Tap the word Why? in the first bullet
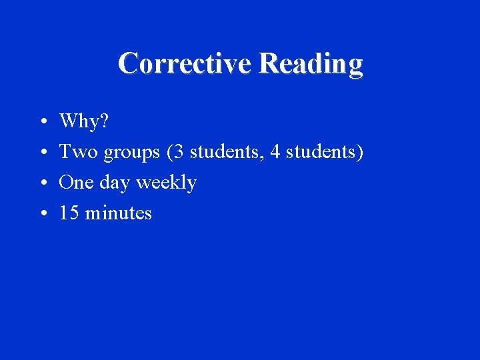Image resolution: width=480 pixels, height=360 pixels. [84, 121]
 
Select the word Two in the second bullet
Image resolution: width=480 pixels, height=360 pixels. [78, 152]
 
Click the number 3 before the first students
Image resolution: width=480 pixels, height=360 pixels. [179, 152]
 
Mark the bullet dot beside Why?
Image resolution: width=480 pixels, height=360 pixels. [42, 123]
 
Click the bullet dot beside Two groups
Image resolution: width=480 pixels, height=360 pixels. [42, 153]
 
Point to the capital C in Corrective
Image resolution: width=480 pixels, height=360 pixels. [128, 63]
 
